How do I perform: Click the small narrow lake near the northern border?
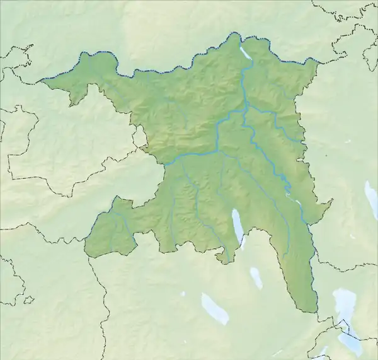(246, 53)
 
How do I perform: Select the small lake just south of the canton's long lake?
(256, 277)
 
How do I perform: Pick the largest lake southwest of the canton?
(214, 308)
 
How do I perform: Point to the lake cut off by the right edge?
(372, 199)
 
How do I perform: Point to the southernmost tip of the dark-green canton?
(310, 311)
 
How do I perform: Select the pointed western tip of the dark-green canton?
(40, 81)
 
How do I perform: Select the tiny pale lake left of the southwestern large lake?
(183, 294)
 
